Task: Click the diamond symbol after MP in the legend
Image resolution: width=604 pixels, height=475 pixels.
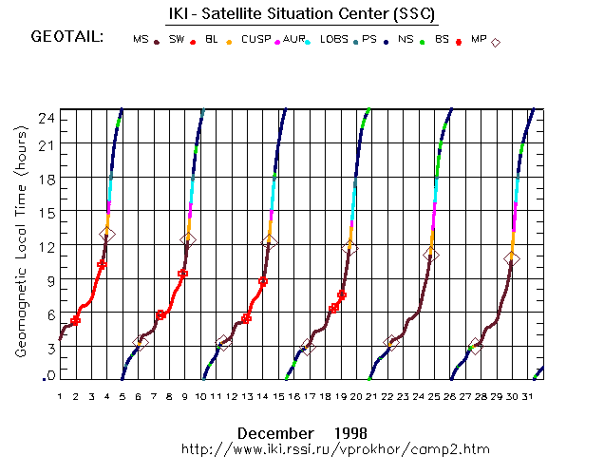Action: (x=496, y=42)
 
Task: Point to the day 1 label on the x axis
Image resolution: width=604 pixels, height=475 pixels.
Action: (x=59, y=396)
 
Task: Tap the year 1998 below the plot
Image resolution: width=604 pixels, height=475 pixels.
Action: (x=350, y=432)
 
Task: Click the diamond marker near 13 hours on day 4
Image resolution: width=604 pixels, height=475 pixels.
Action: (x=107, y=234)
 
